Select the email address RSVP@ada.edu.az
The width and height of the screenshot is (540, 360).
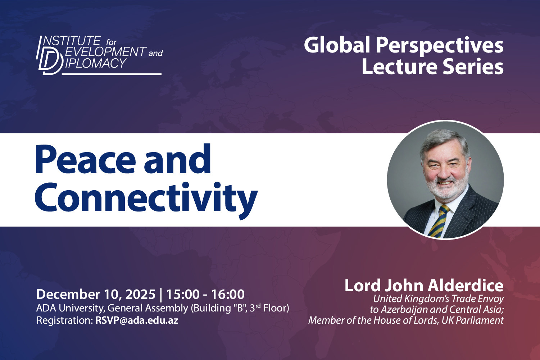(x=137, y=320)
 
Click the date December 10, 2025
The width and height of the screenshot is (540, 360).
(x=96, y=294)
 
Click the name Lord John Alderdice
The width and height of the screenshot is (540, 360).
(x=424, y=286)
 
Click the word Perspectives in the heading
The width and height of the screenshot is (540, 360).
(x=439, y=45)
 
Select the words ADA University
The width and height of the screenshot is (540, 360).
(x=69, y=308)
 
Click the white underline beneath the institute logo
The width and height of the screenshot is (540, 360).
(x=112, y=74)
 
